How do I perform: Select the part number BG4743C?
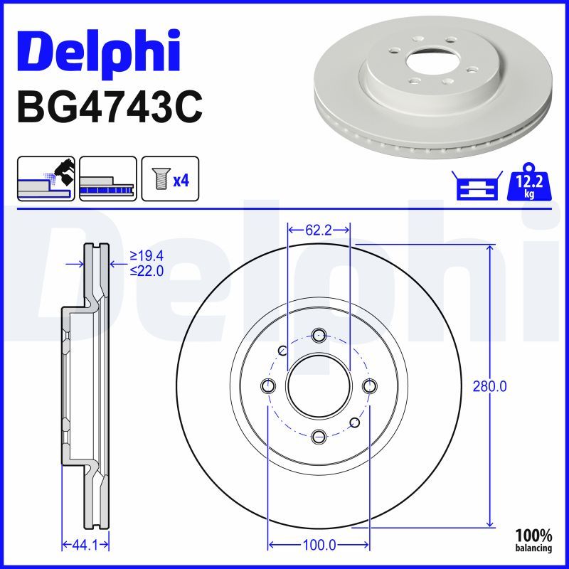click(110, 107)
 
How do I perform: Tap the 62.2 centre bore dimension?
click(318, 230)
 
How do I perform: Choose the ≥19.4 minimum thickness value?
click(147, 256)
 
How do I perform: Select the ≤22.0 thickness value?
click(147, 270)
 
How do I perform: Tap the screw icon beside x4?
click(159, 179)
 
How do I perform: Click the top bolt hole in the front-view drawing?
click(318, 335)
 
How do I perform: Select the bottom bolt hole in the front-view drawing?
click(318, 436)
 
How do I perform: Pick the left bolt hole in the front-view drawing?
click(267, 386)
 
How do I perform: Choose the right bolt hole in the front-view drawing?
click(368, 386)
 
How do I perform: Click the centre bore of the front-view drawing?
click(318, 386)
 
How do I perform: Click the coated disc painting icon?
click(46, 178)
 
